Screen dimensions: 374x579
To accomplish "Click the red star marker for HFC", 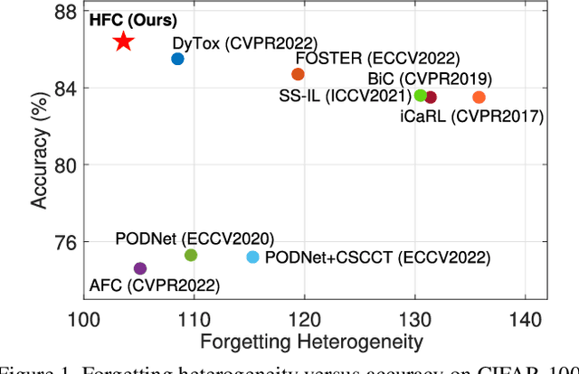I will (x=123, y=42).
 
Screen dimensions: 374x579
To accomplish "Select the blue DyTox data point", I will (x=177, y=59).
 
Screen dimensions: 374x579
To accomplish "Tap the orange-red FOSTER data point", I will (x=298, y=74).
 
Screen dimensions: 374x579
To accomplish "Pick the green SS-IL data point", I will (x=421, y=95).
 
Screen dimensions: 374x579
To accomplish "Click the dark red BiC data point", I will (x=431, y=97).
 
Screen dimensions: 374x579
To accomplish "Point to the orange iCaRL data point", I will (x=479, y=97).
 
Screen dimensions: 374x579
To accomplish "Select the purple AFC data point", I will (x=140, y=268).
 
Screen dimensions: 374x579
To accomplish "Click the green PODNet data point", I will (x=191, y=255).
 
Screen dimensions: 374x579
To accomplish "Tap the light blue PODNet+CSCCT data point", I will (x=253, y=257).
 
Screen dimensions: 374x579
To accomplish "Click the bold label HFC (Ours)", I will (x=133, y=19).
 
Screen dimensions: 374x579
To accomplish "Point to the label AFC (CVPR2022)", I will (x=154, y=286).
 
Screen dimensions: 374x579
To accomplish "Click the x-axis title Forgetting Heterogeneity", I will (x=313, y=341).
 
